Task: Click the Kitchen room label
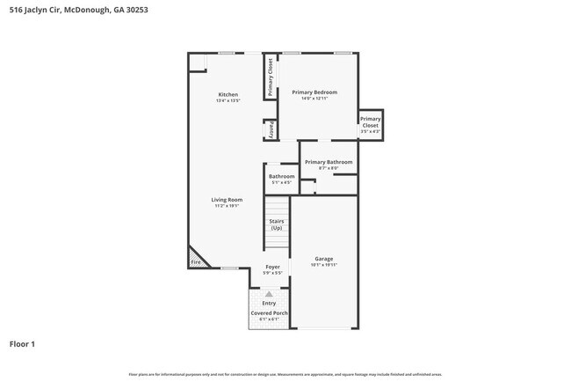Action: click(228, 94)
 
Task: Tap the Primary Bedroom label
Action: click(314, 92)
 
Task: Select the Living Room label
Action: click(227, 200)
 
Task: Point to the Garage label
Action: click(323, 259)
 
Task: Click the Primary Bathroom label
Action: click(329, 162)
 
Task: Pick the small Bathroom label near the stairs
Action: click(281, 176)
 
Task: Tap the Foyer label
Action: click(273, 267)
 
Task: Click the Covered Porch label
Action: click(269, 312)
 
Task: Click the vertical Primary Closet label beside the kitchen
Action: click(271, 77)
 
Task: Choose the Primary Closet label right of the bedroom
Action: click(370, 122)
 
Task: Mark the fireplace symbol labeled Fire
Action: click(195, 261)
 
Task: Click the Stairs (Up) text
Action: click(276, 224)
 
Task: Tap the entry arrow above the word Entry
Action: click(269, 294)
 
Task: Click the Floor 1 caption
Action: click(22, 344)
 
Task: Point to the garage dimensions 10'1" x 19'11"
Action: click(323, 265)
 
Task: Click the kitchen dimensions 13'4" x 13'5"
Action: click(228, 101)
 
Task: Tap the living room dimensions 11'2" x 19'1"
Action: click(227, 206)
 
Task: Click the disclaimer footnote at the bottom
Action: click(285, 374)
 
